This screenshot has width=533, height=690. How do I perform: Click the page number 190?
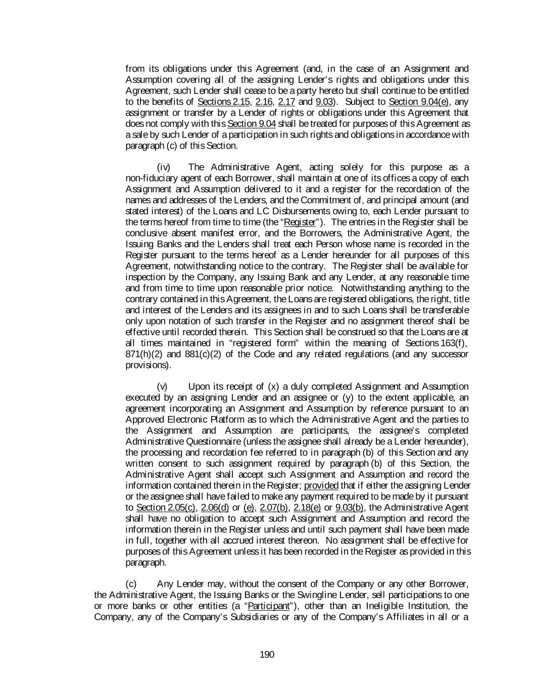266,655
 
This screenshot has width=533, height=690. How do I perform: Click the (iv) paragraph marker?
164,167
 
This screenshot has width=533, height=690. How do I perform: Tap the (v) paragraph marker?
162,387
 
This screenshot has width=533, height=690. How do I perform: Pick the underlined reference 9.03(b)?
349,508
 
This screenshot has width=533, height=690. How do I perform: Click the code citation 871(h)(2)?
143,354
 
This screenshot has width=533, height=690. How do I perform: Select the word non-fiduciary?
149,178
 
